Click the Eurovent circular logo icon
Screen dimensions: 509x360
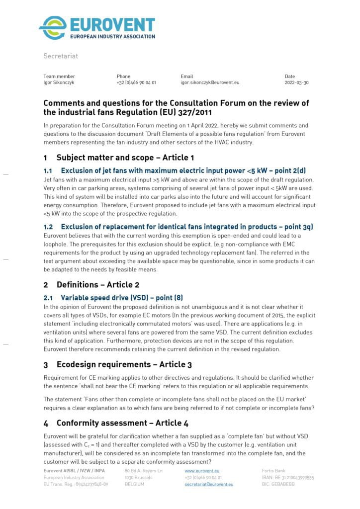click(53, 27)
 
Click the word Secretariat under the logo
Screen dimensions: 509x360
click(60, 56)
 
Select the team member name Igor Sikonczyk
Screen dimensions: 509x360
click(59, 83)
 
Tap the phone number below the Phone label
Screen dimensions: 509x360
click(136, 83)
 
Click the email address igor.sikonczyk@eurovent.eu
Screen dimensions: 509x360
click(210, 83)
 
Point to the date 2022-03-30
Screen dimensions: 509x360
click(296, 83)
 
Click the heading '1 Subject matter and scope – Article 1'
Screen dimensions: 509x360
click(118, 158)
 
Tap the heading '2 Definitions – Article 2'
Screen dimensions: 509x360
click(91, 285)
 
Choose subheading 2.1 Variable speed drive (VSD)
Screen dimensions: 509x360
click(113, 298)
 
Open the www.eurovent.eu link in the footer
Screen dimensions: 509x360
click(202, 470)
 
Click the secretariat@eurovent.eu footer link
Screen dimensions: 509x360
click(209, 484)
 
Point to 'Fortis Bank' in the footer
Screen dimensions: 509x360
click(273, 470)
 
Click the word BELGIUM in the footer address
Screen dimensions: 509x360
click(134, 484)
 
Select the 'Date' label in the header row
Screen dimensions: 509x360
click(290, 76)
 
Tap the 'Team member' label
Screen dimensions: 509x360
click(59, 76)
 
